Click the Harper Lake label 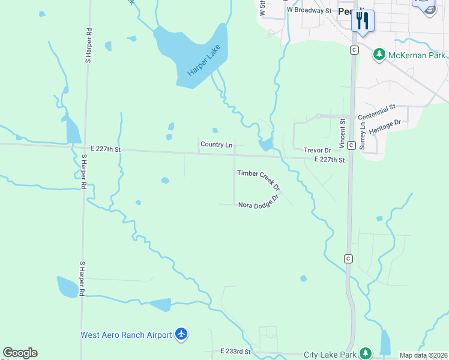200,61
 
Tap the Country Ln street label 216,145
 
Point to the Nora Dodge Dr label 259,202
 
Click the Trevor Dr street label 318,150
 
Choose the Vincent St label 342,133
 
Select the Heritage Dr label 385,127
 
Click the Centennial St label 377,112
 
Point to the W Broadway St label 309,10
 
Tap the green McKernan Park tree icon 379,55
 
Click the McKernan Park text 417,55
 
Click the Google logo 20,353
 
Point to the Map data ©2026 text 423,355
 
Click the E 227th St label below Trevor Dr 330,160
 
